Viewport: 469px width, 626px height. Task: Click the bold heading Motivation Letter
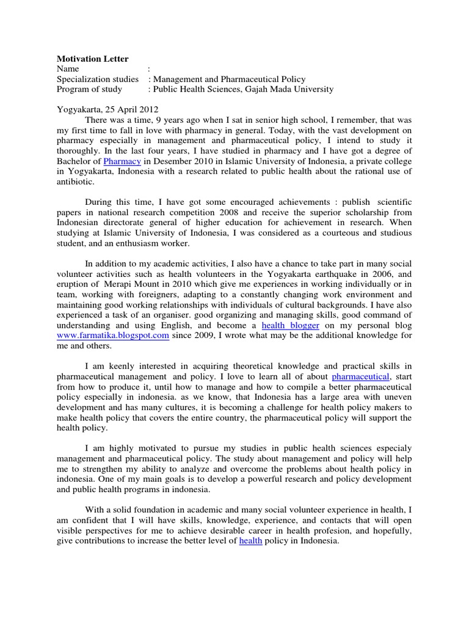(93, 59)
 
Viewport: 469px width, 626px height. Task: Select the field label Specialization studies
(98, 79)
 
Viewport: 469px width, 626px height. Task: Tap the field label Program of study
(89, 89)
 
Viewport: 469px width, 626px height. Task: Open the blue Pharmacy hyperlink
(122, 161)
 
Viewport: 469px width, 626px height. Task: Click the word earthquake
(344, 274)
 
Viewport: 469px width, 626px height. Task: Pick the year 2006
(385, 274)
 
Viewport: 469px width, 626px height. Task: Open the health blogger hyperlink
(291, 326)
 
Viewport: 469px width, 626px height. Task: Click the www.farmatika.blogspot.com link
(113, 336)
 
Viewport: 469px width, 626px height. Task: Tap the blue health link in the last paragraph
(250, 542)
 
